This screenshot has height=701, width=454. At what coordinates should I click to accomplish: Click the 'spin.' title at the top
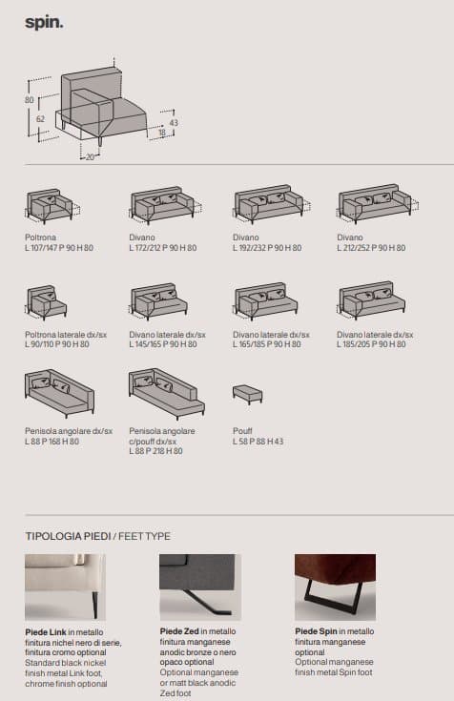[44, 22]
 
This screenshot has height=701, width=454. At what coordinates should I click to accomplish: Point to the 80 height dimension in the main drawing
[30, 100]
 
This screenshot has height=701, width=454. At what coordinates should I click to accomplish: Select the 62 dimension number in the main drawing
[40, 119]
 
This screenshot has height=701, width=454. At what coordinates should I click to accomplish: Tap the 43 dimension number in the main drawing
[174, 122]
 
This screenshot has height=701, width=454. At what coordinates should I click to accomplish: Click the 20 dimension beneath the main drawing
[90, 157]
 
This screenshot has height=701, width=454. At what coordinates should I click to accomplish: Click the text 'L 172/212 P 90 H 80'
[163, 248]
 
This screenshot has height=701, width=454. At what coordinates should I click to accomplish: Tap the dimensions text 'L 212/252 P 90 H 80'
[371, 248]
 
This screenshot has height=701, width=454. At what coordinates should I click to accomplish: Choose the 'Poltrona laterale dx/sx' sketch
[47, 302]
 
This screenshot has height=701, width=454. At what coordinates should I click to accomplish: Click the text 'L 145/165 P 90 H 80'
[163, 344]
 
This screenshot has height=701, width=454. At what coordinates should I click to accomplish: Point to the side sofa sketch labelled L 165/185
[266, 300]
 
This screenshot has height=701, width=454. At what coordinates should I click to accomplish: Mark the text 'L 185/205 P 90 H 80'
[371, 344]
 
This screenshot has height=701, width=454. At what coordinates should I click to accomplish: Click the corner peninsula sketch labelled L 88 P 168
[59, 393]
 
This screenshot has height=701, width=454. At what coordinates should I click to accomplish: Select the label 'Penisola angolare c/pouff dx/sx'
[162, 436]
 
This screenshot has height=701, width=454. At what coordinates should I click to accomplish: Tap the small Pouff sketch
[247, 394]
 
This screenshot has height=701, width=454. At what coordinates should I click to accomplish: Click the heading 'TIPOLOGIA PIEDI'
[68, 536]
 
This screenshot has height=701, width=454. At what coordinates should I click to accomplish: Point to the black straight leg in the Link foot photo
[94, 605]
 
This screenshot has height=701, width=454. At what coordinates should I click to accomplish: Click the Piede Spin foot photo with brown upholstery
[335, 587]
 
